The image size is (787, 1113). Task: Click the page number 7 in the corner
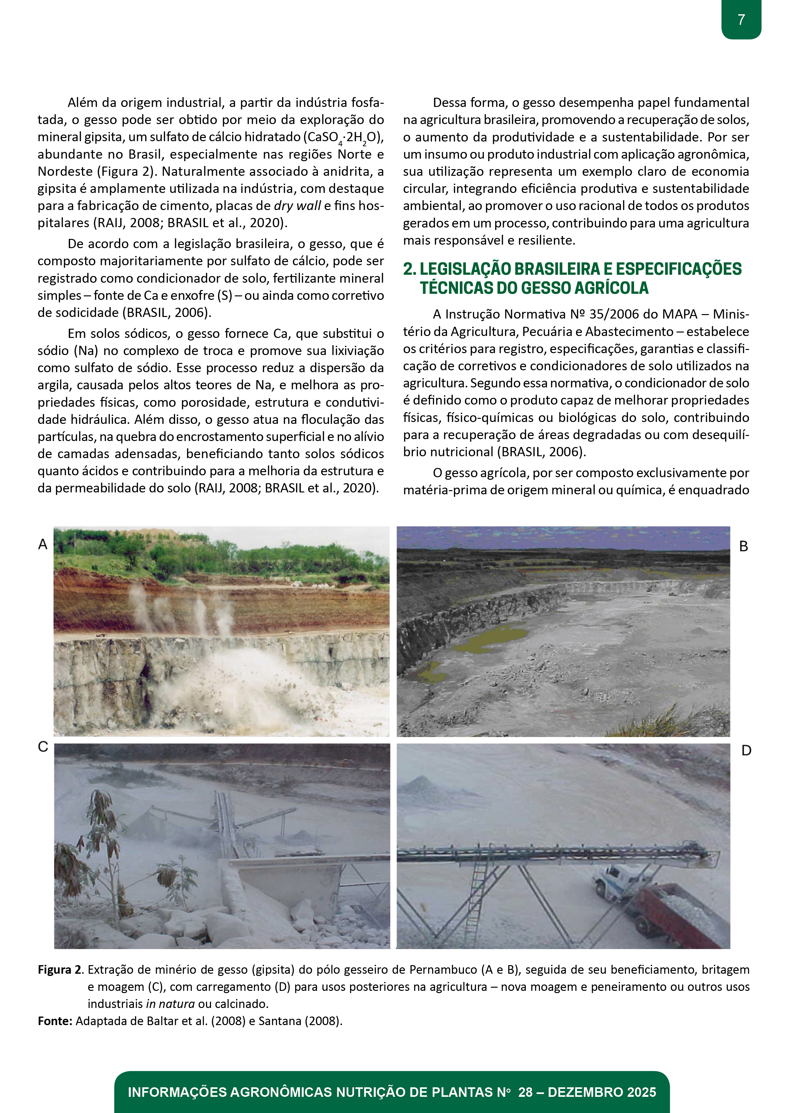(741, 20)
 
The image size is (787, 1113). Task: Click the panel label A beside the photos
(43, 544)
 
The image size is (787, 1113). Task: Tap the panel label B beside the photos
(743, 546)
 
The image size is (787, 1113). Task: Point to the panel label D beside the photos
(746, 750)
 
